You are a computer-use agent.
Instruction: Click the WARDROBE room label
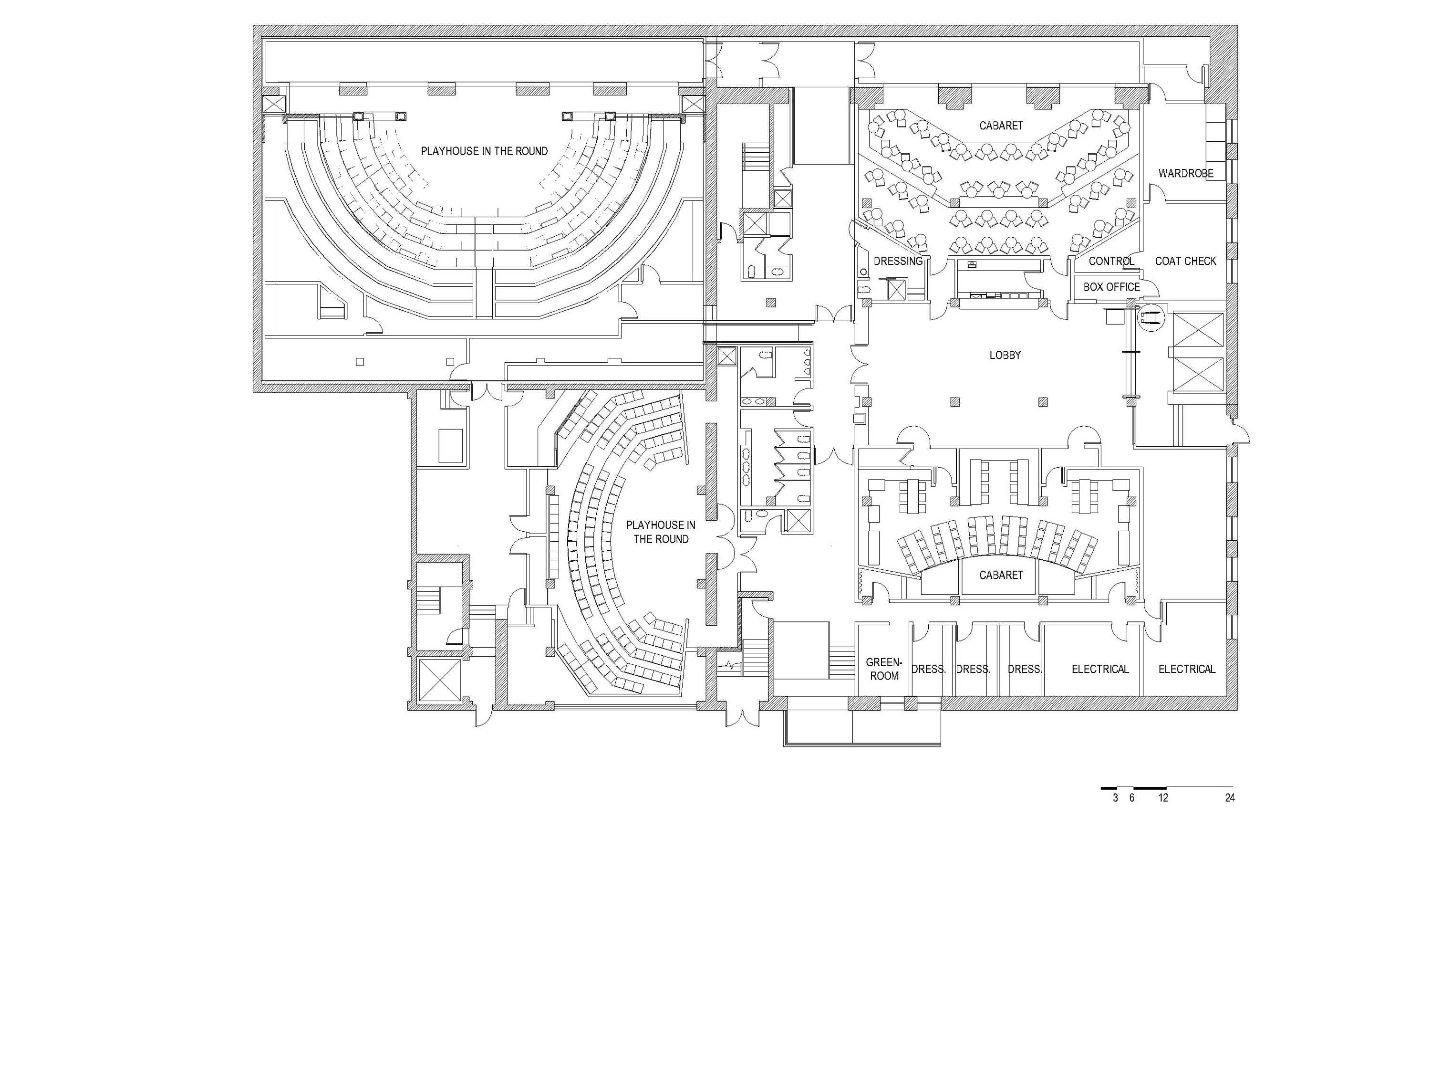tap(1186, 173)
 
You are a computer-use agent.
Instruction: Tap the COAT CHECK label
tap(1186, 261)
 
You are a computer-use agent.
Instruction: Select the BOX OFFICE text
tap(1112, 287)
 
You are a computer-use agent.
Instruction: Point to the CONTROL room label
tap(1112, 261)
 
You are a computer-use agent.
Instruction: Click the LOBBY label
tap(1005, 355)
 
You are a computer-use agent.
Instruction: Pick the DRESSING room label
tap(898, 261)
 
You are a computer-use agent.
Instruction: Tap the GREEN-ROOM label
tap(884, 669)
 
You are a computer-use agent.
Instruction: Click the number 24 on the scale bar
tap(1230, 798)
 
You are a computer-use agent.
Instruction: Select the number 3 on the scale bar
tap(1116, 798)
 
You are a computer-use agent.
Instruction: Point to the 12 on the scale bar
tap(1163, 798)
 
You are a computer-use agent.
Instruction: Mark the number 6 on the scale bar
tap(1132, 798)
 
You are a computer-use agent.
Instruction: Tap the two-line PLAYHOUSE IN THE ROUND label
tap(661, 532)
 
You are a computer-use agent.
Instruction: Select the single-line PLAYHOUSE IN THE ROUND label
tap(484, 151)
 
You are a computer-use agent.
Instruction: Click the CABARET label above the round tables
tap(1001, 126)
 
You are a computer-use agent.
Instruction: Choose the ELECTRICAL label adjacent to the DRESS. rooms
tap(1100, 669)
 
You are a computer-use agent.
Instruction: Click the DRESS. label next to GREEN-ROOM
tap(928, 669)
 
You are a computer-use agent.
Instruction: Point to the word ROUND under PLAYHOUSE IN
tap(673, 539)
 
